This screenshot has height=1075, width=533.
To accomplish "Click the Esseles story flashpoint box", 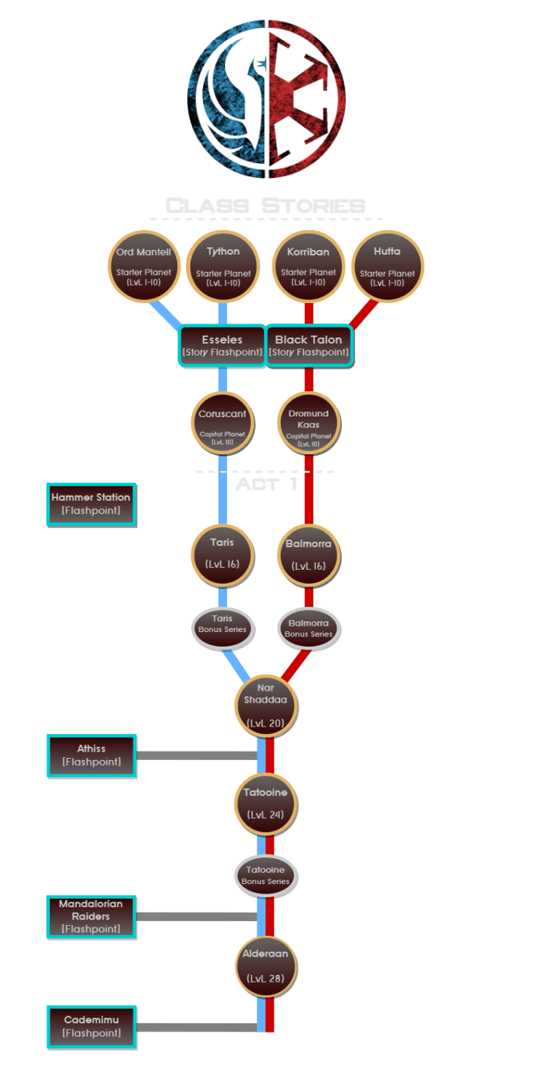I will (x=223, y=346).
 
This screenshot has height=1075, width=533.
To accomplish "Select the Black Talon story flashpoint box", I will (x=308, y=346).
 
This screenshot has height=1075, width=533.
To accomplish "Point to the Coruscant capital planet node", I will (x=222, y=422).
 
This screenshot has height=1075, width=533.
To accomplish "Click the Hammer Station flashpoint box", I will (x=91, y=504).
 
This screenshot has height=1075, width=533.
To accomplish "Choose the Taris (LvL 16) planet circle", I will (x=222, y=555).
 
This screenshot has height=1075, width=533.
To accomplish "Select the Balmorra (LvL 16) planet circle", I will (x=309, y=555).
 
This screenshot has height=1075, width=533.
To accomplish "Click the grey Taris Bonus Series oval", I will (x=223, y=625).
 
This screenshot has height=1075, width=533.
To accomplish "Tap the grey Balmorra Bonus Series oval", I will (x=309, y=628).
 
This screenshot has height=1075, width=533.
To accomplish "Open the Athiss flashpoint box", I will (x=91, y=756).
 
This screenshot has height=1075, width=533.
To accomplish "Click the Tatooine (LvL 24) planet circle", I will (x=265, y=803).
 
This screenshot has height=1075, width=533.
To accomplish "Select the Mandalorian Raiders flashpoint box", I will (x=91, y=917).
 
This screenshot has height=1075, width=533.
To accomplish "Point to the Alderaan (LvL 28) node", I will (x=265, y=967).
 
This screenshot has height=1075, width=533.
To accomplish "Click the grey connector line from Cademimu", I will (x=196, y=1027).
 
